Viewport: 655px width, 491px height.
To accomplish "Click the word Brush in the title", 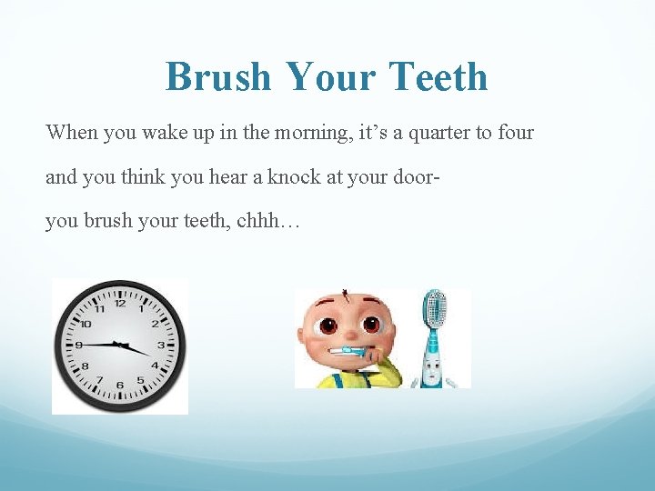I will [x=218, y=77].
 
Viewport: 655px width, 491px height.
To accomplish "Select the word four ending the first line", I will [x=516, y=133].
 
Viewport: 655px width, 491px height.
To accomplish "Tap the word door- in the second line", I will [x=418, y=176].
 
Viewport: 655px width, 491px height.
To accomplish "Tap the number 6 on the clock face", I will [x=119, y=386].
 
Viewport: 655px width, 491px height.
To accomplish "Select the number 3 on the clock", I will [x=162, y=346].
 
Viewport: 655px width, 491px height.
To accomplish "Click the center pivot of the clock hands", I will [x=119, y=345].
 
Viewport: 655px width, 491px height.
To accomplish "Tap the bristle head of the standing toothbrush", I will [x=436, y=309].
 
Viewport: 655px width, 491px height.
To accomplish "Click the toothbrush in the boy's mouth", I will [x=346, y=351].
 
